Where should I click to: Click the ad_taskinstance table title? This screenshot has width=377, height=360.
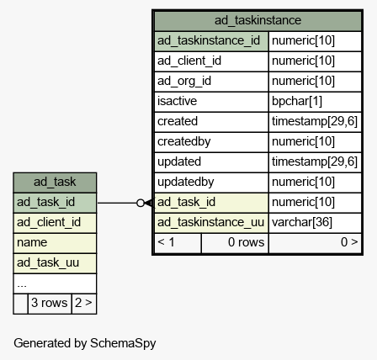point(258,20)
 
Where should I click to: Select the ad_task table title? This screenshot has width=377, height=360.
point(55,182)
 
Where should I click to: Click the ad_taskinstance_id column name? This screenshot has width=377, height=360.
point(209,40)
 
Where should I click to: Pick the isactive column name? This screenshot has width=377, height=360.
point(177,101)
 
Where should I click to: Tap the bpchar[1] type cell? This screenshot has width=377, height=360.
point(297,101)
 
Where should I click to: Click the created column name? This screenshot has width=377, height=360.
point(178,121)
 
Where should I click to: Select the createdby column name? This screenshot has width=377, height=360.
point(184,141)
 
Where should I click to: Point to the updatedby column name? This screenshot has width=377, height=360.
point(186,182)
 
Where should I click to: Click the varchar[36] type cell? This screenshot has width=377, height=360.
point(302,222)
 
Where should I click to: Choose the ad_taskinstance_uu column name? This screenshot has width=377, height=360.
point(210,222)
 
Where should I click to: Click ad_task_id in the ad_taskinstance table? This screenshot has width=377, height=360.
point(186,202)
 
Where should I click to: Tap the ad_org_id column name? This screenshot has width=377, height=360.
point(184,81)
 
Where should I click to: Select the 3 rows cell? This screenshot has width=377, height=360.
point(50,303)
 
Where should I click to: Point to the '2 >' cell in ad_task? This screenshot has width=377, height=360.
point(83,303)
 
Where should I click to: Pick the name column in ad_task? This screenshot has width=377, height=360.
point(32,242)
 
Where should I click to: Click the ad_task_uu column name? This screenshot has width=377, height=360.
point(48,262)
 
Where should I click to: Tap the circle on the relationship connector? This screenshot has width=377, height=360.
point(141,203)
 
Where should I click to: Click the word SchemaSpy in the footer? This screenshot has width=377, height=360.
point(123,343)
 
